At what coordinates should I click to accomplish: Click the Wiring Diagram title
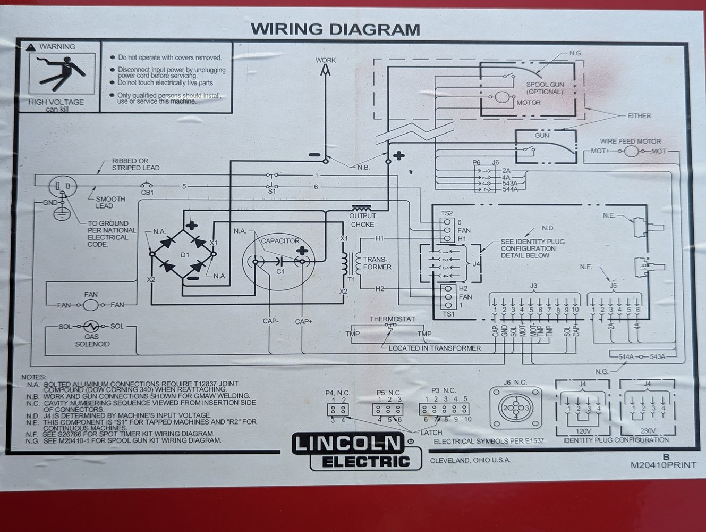335,28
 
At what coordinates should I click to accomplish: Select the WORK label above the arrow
326,60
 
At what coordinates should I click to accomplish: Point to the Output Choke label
363,220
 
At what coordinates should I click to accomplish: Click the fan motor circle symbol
91,305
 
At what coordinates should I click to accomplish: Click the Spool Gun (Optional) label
545,88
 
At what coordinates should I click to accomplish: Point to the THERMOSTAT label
393,319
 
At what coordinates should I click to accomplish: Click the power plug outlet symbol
62,187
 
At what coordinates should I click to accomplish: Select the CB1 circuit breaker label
147,193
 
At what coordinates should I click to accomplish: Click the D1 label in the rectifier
184,255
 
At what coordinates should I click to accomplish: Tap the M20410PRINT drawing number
663,464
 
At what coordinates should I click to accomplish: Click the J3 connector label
533,286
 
